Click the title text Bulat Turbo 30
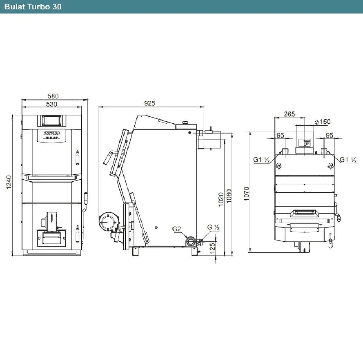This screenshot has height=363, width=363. [x=33, y=7]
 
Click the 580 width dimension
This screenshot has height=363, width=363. [x=53, y=96]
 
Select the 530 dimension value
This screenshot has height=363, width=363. [x=52, y=104]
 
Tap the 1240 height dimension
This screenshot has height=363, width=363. [x=8, y=182]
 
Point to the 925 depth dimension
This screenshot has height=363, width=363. [x=150, y=103]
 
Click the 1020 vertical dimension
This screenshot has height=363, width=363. [x=221, y=199]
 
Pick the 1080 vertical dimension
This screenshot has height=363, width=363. [x=229, y=196]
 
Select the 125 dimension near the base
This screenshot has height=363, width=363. [x=212, y=248]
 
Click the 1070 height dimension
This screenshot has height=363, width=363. [x=246, y=193]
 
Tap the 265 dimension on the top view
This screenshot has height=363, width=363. [x=289, y=114]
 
